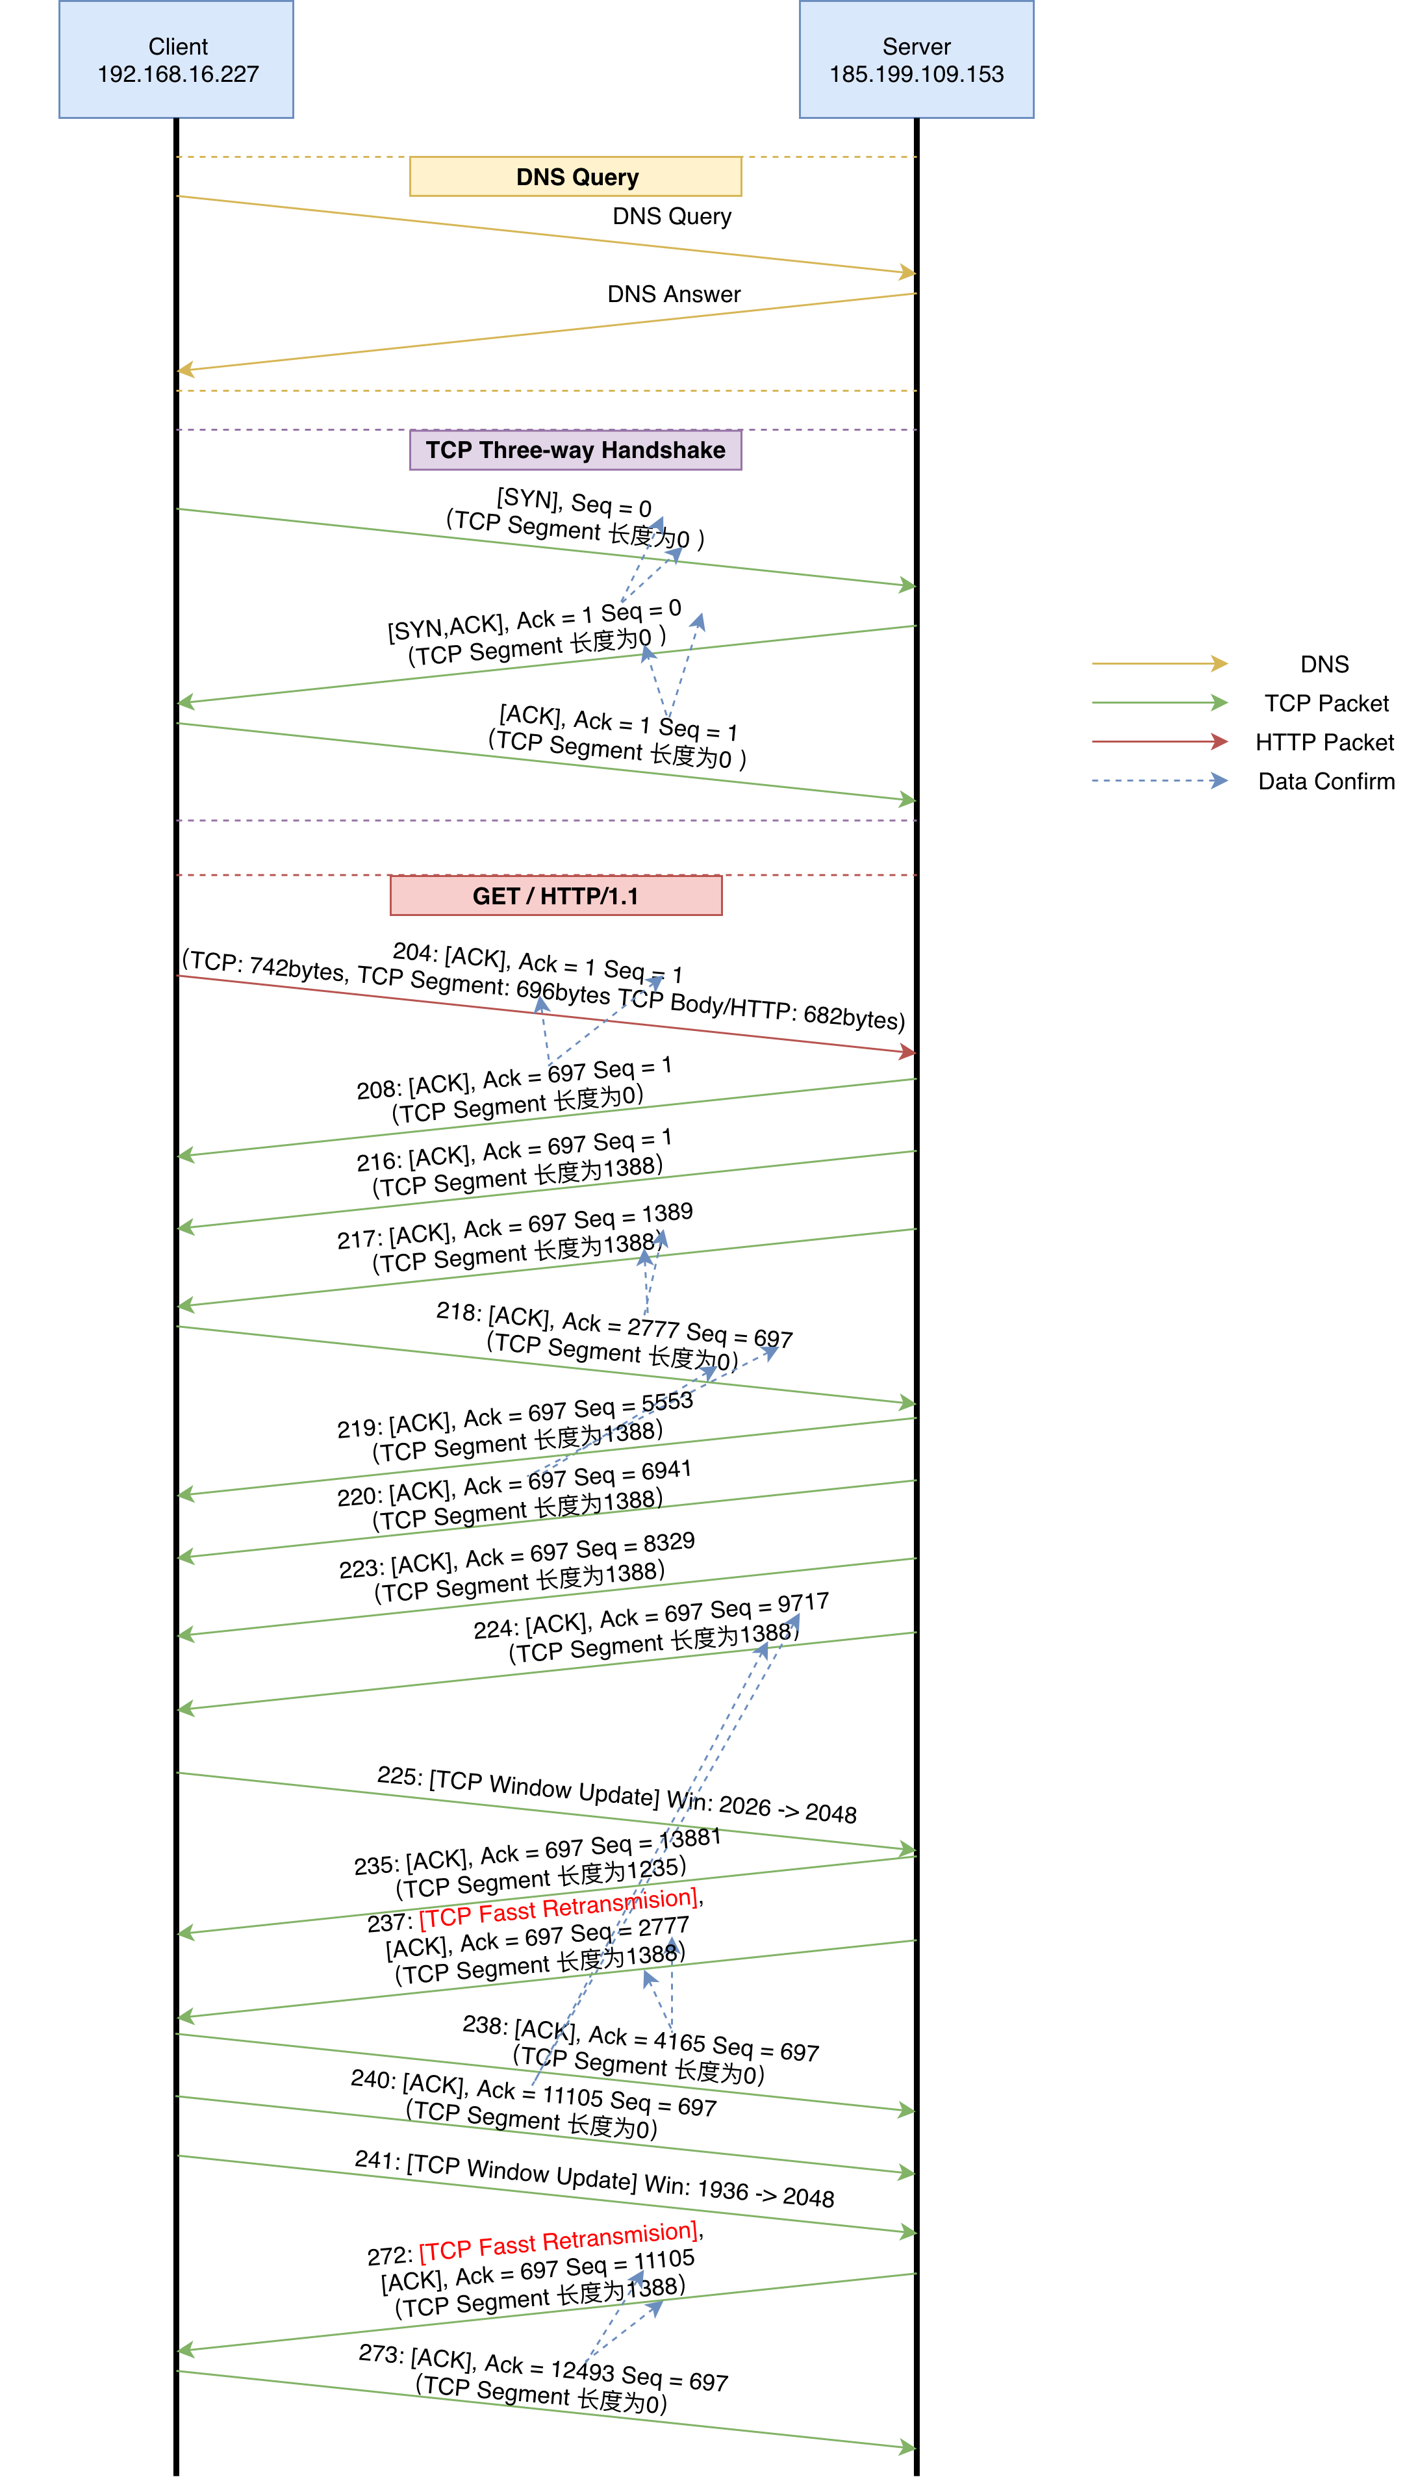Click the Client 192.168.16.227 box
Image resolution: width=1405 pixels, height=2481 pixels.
177,60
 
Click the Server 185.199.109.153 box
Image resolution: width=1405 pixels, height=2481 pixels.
916,60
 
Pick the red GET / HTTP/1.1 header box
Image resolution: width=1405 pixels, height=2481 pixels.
556,895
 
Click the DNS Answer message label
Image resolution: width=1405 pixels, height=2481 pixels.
674,294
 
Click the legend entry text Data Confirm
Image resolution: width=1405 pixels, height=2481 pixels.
1326,782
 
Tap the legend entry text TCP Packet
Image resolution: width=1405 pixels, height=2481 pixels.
1326,704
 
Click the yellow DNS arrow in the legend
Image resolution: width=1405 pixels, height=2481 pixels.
1158,664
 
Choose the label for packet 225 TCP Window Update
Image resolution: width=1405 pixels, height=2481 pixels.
616,1793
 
